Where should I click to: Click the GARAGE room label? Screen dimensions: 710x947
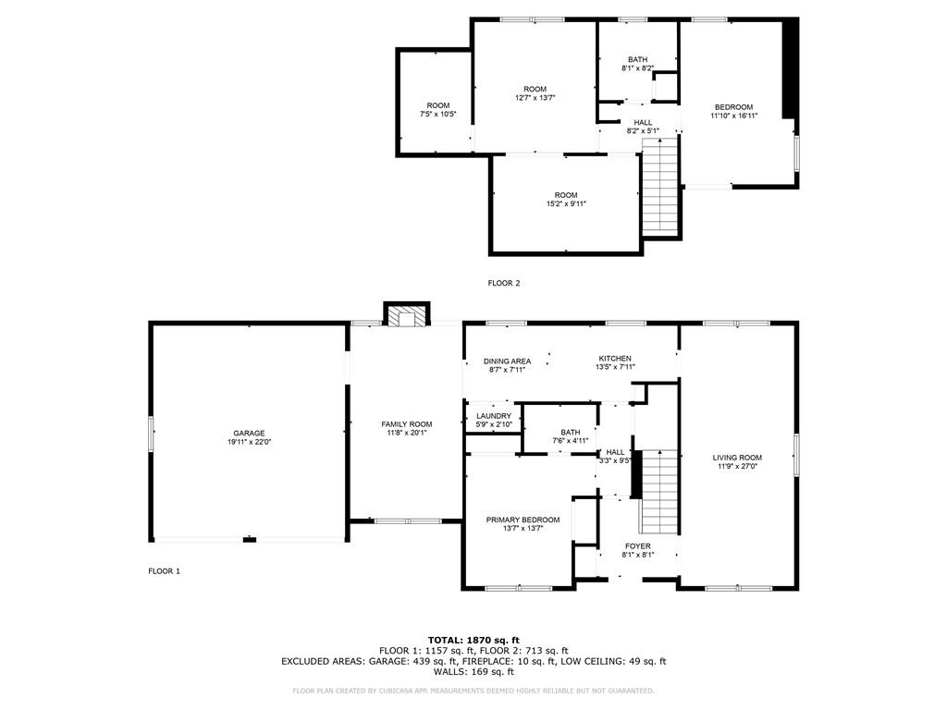tap(249, 433)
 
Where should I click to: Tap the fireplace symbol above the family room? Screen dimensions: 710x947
tap(407, 317)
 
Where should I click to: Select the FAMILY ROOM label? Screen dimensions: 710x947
tap(407, 424)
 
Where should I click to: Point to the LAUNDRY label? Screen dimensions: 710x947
tap(494, 416)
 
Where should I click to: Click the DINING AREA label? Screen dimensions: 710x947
tap(507, 361)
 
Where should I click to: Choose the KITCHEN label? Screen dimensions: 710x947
tap(615, 359)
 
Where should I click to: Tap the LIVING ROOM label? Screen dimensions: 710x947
tap(737, 458)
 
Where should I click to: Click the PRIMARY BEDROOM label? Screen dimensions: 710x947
tap(523, 520)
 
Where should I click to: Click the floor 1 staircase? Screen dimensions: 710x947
tap(659, 491)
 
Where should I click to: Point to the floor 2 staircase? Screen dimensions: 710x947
tap(660, 190)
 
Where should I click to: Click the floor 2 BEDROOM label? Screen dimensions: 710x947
tap(733, 106)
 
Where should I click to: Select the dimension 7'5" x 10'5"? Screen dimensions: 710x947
tap(438, 115)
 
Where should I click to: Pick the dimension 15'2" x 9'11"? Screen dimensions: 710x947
tap(566, 204)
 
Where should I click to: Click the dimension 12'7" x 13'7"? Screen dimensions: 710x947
tap(535, 98)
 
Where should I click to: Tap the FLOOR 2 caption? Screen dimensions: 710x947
tap(504, 283)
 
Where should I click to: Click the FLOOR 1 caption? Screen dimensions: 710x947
tap(165, 571)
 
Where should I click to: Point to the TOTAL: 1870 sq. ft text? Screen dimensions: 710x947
tap(473, 640)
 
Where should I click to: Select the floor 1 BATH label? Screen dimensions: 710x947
tap(570, 432)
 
